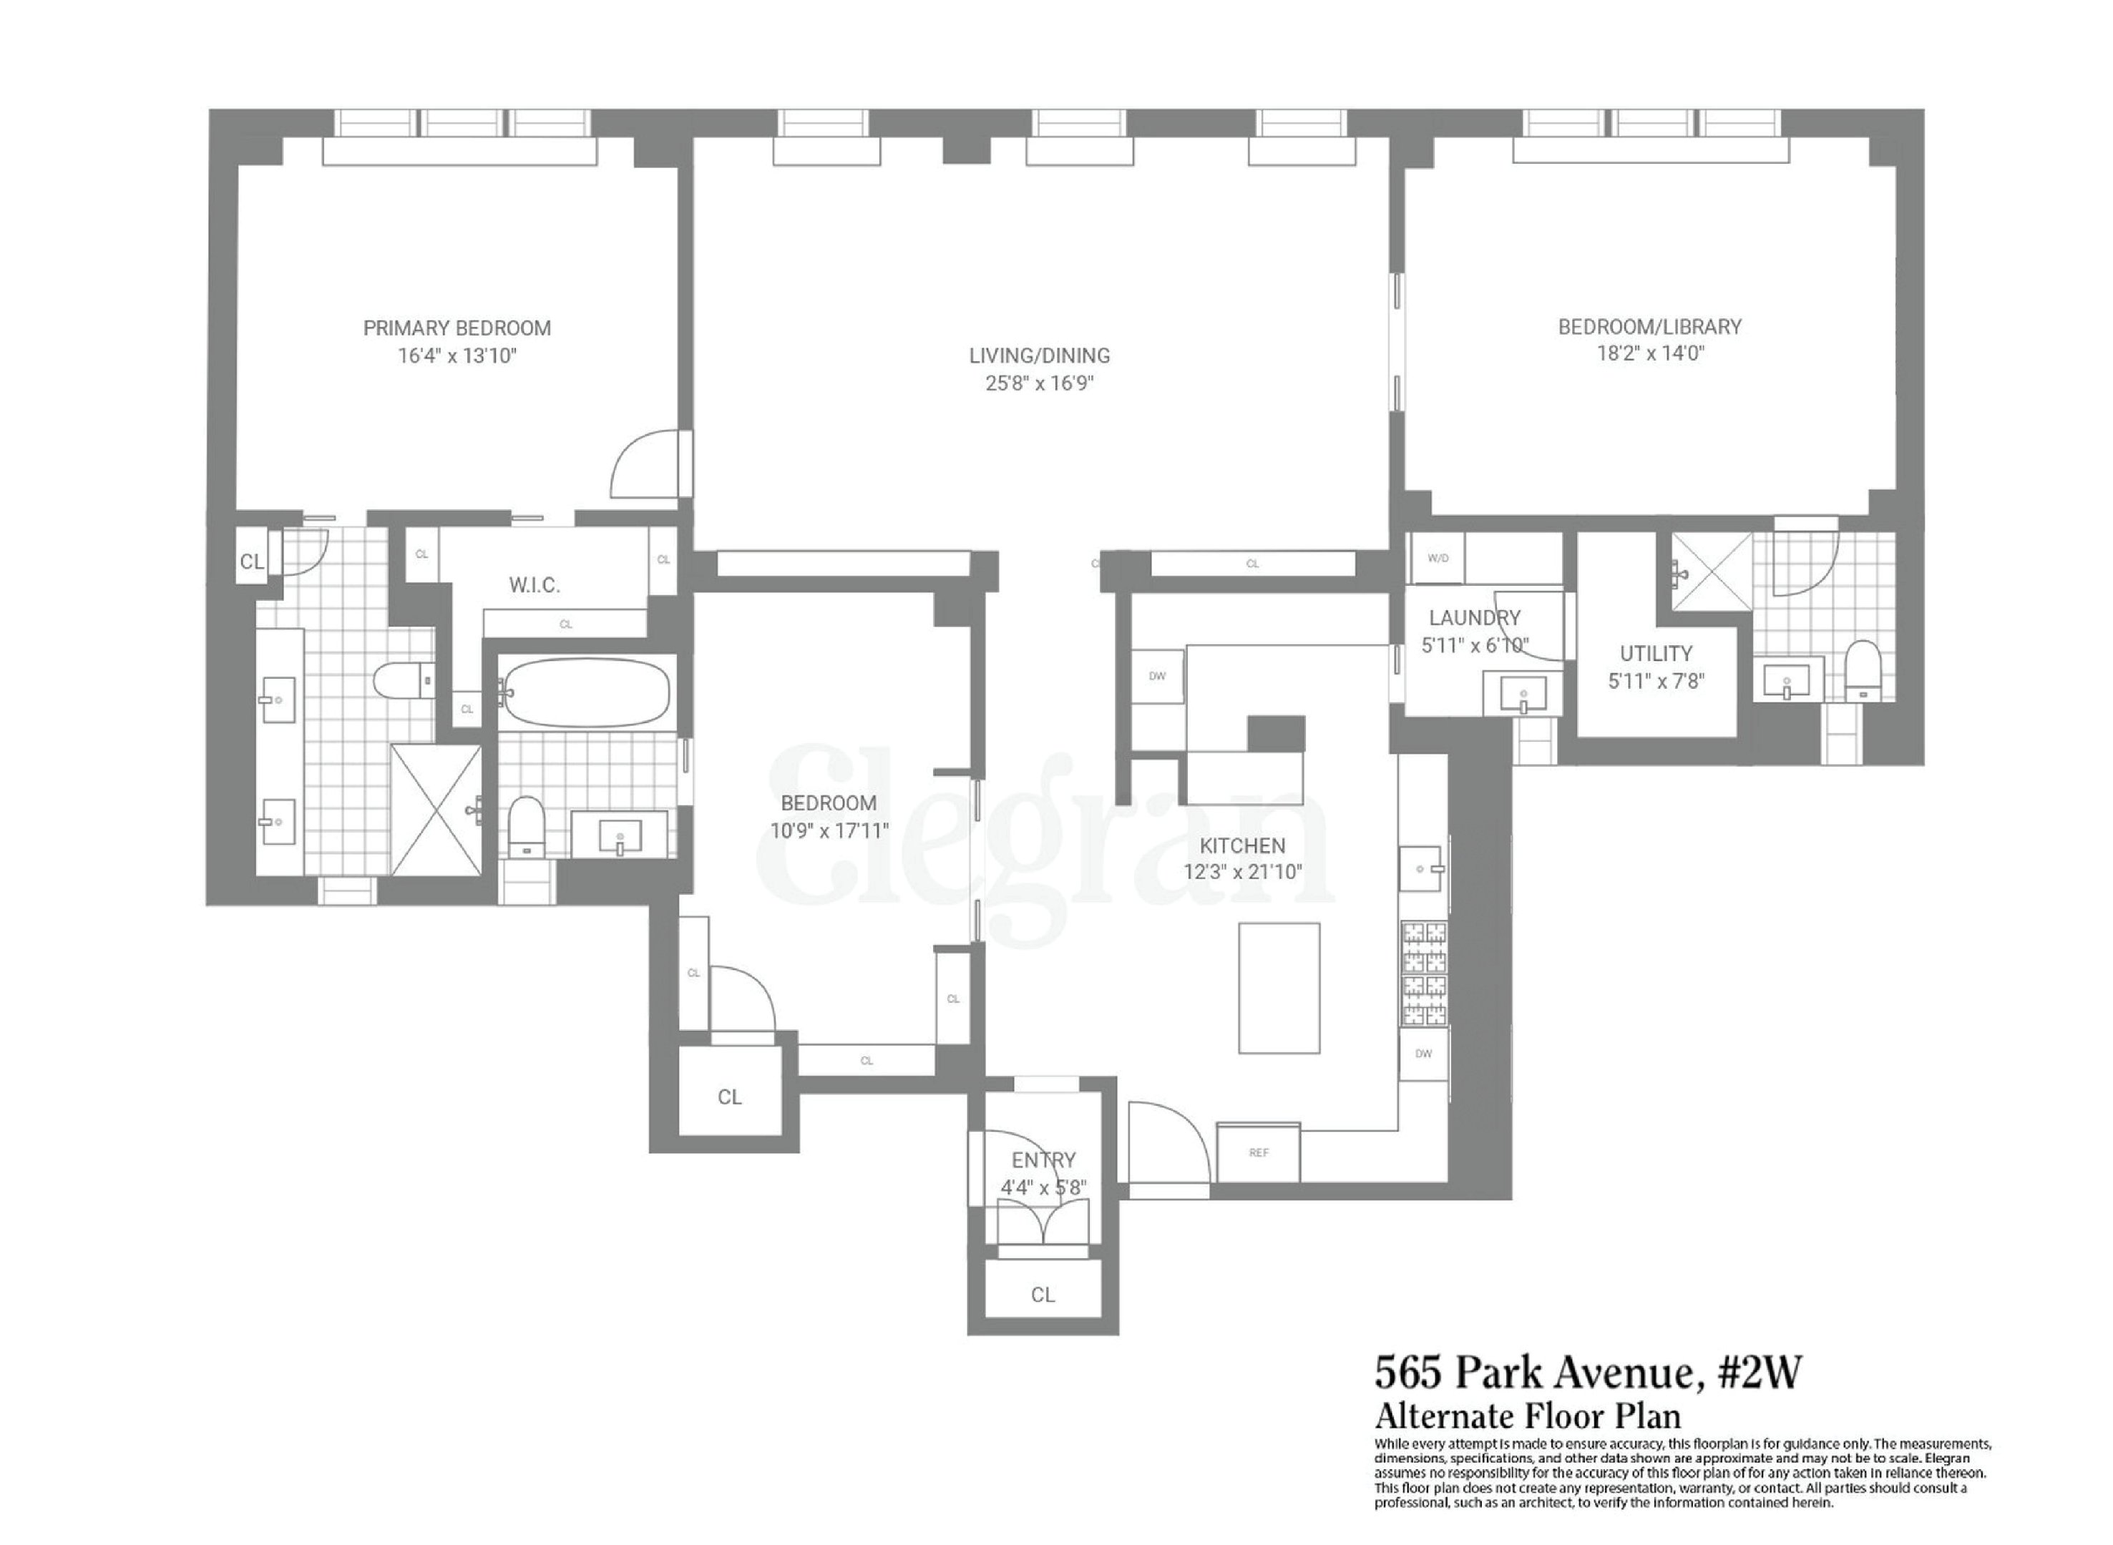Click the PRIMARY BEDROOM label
pyautogui.click(x=457, y=328)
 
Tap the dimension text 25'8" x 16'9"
pyautogui.click(x=1039, y=383)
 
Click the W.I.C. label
pyautogui.click(x=534, y=585)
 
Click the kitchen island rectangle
pyautogui.click(x=1279, y=988)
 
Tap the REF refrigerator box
pyautogui.click(x=1258, y=1152)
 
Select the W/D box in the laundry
pyautogui.click(x=1437, y=559)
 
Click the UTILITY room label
pyautogui.click(x=1656, y=653)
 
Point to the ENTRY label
pyautogui.click(x=1043, y=1159)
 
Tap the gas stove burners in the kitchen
pyautogui.click(x=1423, y=973)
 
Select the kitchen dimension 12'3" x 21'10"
pyautogui.click(x=1242, y=872)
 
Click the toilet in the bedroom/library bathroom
pyautogui.click(x=1863, y=669)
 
